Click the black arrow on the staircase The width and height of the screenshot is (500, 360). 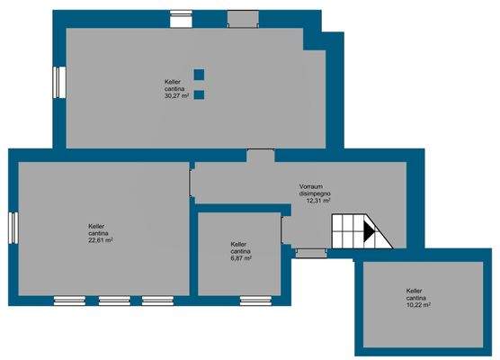368,231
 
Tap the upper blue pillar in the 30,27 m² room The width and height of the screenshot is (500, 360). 199,75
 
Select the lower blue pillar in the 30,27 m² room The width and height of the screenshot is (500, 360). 199,94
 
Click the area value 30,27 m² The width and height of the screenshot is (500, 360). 176,96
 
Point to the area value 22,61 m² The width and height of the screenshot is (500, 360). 99,240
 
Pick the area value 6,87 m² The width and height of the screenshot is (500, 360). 240,258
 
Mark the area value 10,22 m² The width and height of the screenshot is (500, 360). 419,305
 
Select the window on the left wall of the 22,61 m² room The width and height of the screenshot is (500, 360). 13,226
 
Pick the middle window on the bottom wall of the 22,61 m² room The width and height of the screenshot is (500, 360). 113,298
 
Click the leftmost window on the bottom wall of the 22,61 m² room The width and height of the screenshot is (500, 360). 68,298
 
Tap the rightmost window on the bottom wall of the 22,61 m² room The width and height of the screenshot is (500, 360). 157,298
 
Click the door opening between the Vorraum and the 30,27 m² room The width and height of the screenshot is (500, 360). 261,156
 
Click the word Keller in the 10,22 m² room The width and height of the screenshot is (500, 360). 415,291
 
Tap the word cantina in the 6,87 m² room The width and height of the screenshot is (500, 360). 239,251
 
